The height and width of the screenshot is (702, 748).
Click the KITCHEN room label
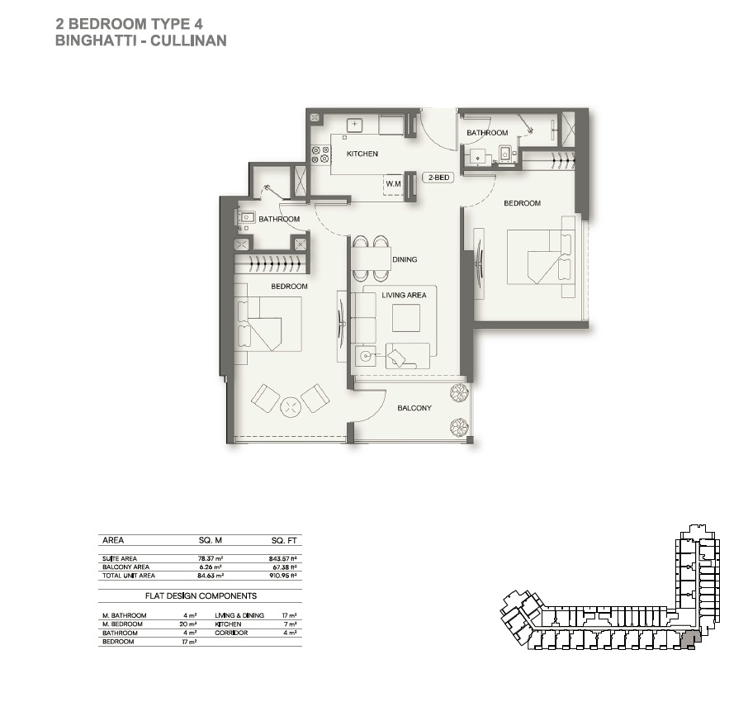(x=362, y=154)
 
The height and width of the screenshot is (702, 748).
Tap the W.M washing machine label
(x=392, y=183)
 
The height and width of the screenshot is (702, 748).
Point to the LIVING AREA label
(x=404, y=295)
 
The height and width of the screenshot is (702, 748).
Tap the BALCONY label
(x=414, y=408)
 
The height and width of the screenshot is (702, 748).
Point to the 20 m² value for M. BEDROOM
(x=187, y=624)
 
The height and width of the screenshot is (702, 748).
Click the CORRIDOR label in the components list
(x=231, y=633)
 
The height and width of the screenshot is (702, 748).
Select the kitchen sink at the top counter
(x=354, y=125)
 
